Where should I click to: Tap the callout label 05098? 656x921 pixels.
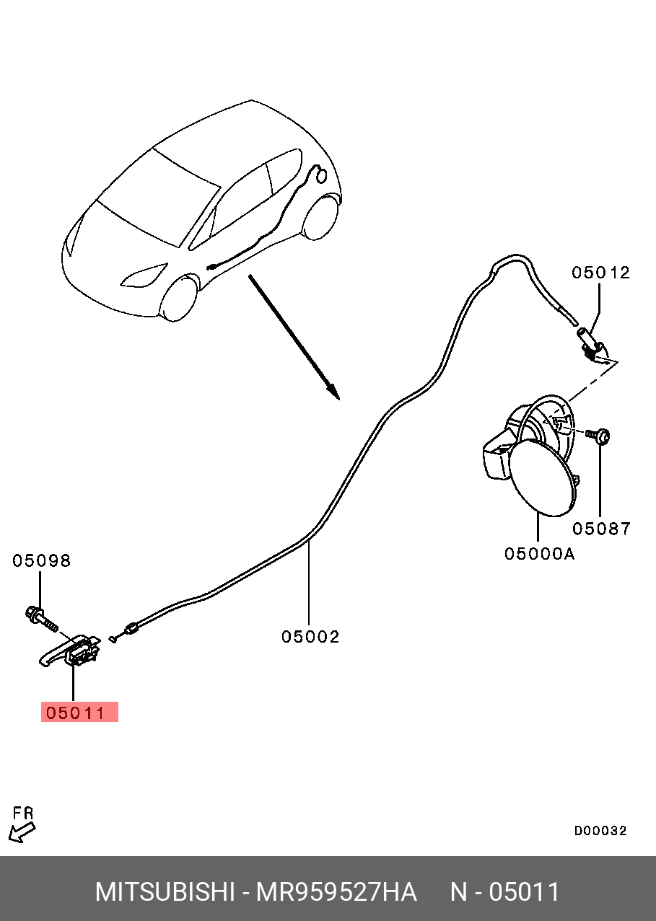click(x=41, y=561)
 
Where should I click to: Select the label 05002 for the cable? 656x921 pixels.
click(x=310, y=637)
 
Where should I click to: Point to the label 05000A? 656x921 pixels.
click(x=539, y=554)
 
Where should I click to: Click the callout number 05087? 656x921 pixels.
click(x=601, y=529)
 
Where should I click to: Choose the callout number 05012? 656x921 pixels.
click(x=600, y=273)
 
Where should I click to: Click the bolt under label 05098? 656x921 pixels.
click(x=43, y=617)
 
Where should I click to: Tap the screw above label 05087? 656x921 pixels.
click(x=599, y=435)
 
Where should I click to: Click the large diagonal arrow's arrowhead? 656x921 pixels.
click(x=332, y=391)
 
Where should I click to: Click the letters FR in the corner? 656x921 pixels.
click(x=23, y=814)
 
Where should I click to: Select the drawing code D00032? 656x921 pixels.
click(x=600, y=831)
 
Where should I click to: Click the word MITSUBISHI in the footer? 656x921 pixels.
click(x=165, y=892)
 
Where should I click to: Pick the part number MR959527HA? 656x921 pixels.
click(x=337, y=892)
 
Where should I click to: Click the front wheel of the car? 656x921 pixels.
click(x=178, y=297)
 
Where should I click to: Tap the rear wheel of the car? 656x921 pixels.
click(x=320, y=217)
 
